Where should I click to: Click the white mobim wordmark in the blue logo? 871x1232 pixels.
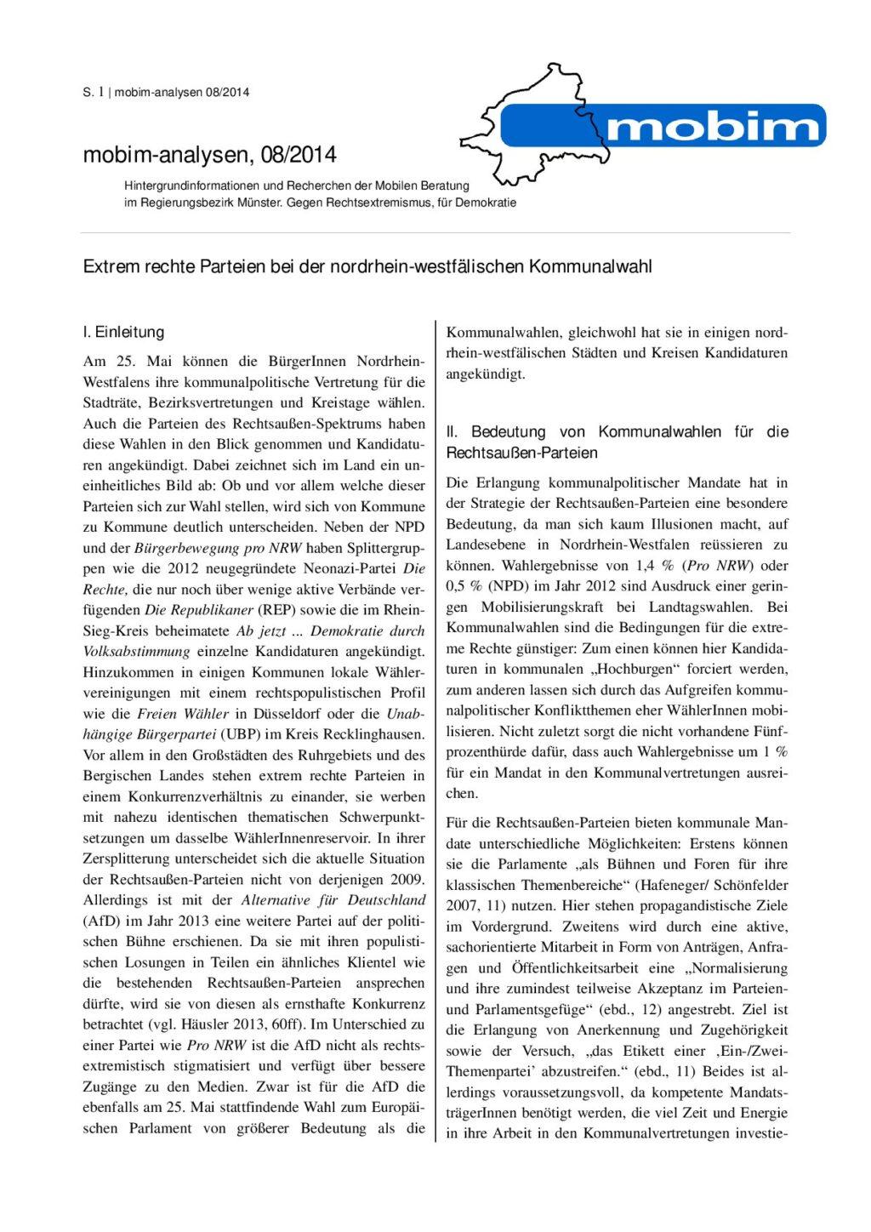[714, 127]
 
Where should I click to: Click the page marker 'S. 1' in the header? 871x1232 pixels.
[93, 92]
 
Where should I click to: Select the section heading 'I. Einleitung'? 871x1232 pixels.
[123, 333]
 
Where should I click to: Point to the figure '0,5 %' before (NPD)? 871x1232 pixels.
[464, 586]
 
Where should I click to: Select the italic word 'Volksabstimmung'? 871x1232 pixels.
[136, 652]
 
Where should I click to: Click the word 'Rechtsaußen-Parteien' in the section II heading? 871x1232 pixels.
[521, 453]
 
